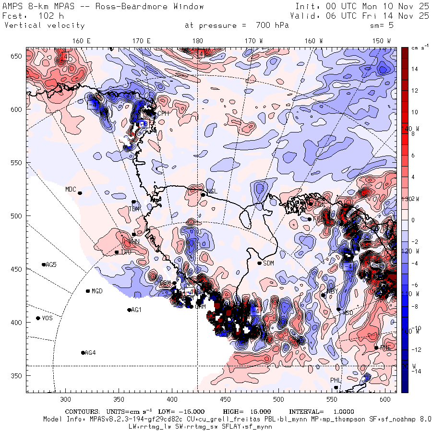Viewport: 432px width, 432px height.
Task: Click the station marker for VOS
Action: [38, 318]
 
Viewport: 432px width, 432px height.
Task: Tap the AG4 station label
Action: [90, 353]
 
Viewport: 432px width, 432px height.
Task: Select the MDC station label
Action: [71, 189]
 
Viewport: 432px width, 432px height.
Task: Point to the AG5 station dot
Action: [44, 264]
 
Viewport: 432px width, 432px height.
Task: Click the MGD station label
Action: [97, 291]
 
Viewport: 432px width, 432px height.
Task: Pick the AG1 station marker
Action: [129, 310]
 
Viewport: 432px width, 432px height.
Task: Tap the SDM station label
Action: [268, 263]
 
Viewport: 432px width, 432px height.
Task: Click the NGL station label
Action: [212, 191]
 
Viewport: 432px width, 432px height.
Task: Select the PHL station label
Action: [335, 380]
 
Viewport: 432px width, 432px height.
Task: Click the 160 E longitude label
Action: [82, 41]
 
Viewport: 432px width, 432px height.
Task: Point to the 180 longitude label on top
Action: [197, 41]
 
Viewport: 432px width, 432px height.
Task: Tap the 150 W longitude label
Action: [382, 41]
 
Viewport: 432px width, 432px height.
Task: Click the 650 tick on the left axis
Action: [17, 57]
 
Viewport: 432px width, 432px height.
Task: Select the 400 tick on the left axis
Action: [17, 322]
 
